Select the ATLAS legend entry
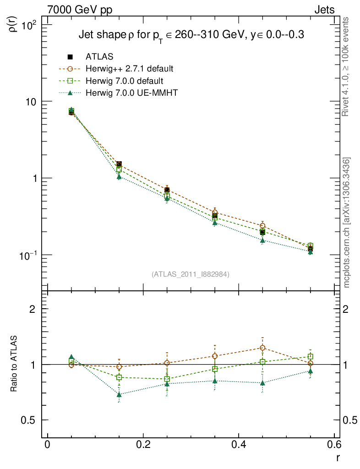tap(99, 57)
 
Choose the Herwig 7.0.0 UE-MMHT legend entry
tap(131, 93)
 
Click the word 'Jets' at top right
tap(323, 10)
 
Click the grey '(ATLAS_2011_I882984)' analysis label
tap(191, 274)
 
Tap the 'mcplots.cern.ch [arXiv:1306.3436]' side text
tap(347, 223)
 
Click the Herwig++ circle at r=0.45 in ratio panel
tap(262, 348)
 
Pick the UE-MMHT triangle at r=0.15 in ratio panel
tap(119, 394)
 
